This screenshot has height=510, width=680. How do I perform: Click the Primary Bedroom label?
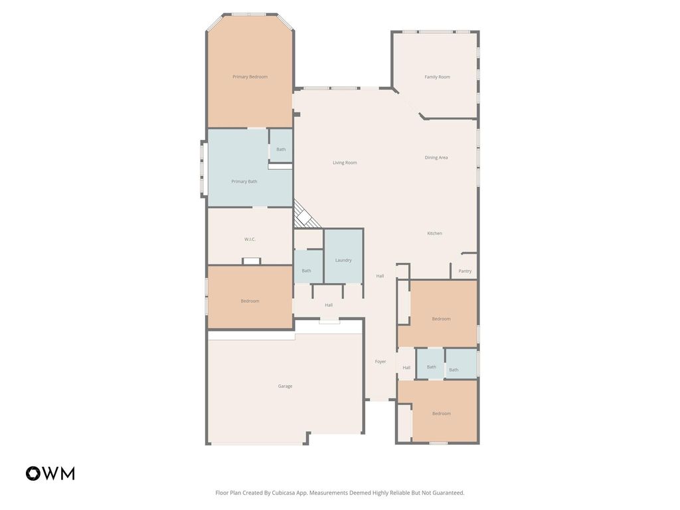coord(250,76)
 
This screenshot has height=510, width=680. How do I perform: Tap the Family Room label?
coord(437,77)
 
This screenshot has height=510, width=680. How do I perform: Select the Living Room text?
coord(345,163)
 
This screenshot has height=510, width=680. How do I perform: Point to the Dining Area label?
coord(436,157)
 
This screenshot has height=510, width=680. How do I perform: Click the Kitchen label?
coord(434,233)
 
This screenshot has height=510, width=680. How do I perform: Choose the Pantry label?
coord(465,271)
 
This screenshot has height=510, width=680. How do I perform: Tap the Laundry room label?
coord(343,260)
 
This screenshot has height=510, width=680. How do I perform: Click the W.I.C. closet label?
coord(250,239)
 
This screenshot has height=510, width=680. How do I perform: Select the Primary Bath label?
coord(244,181)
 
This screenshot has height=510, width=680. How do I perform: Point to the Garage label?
coord(285,386)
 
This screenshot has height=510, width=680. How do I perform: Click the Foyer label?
coord(381,361)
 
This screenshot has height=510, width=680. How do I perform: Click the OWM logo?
coord(50,473)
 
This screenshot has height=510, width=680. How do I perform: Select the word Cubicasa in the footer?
coord(284,493)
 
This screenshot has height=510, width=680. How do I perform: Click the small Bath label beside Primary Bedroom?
coord(281,149)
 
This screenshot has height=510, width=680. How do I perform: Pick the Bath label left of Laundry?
coord(306,270)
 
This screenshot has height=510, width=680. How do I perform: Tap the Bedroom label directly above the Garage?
coord(250,301)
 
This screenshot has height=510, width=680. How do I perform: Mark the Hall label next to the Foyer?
coord(406,367)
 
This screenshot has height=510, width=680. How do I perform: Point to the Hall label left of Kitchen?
coord(380,276)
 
